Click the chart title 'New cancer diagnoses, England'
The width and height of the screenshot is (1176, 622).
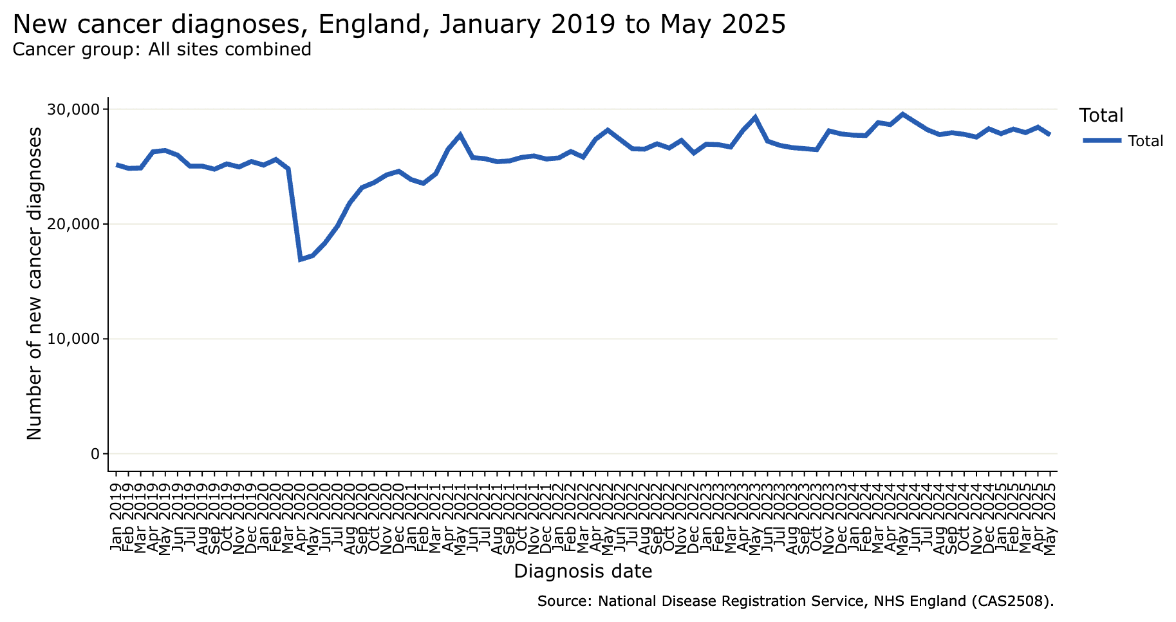(398, 24)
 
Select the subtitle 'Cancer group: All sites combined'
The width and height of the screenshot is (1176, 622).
(162, 50)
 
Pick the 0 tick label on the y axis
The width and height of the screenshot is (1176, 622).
(95, 454)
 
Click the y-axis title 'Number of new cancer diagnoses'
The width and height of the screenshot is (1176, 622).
(35, 283)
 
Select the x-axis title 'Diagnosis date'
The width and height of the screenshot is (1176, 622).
(583, 571)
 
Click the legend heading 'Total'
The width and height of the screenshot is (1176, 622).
(1101, 116)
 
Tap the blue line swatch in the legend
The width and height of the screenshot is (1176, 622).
(1101, 141)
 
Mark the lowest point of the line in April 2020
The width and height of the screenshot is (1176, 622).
(301, 259)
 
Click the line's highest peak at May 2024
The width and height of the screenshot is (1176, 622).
(902, 114)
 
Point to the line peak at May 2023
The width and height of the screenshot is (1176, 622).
(755, 117)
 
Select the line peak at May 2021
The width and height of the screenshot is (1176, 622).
(460, 135)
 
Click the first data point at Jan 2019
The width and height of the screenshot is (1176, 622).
(117, 165)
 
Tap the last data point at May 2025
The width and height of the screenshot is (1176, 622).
(1050, 135)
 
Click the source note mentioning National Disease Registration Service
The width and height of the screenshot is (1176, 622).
(795, 601)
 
